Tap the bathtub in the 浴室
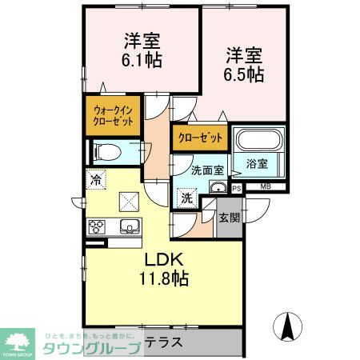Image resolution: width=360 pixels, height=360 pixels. [x=258, y=142]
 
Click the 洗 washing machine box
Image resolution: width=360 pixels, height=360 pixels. [x=186, y=198]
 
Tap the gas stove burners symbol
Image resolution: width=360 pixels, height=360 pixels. [x=97, y=226]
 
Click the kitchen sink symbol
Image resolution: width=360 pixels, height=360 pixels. [x=129, y=226]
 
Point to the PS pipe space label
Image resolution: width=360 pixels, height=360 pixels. [x=237, y=188]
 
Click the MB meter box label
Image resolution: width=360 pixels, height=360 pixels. [x=265, y=188]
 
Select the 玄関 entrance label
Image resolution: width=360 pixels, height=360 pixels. [x=228, y=217]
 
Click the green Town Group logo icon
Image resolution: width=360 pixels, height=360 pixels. [x=18, y=339]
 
